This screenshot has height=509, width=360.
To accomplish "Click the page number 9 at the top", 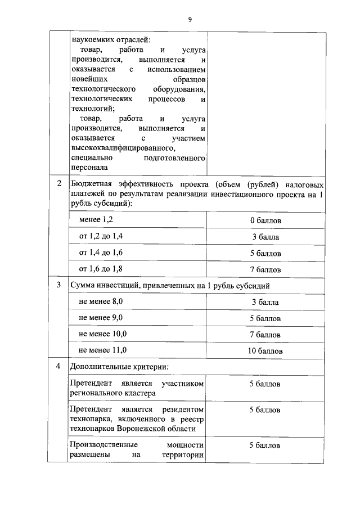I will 190,20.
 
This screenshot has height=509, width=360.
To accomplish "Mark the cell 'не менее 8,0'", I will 101,301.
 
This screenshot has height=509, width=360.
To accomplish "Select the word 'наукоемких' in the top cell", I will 92,39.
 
